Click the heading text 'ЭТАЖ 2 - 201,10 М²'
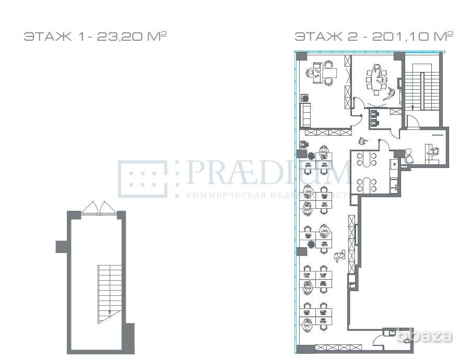(373, 37)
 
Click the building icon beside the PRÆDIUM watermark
(142, 178)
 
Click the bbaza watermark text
(424, 336)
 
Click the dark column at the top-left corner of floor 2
(301, 56)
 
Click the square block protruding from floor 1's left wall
(62, 245)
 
